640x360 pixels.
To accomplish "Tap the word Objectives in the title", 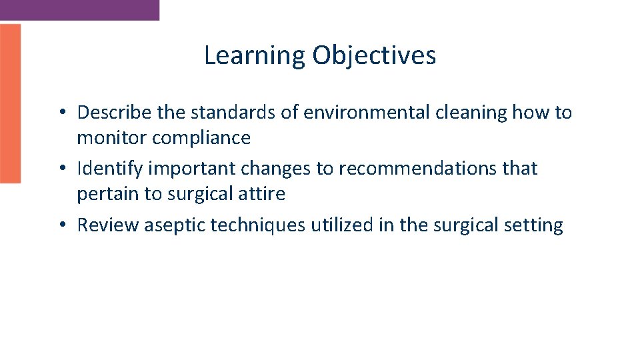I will [x=374, y=55].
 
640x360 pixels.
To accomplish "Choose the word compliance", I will [x=201, y=139].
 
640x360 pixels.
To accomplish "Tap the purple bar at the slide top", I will [x=79, y=10].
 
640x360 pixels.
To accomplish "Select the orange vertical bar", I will [x=10, y=103].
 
